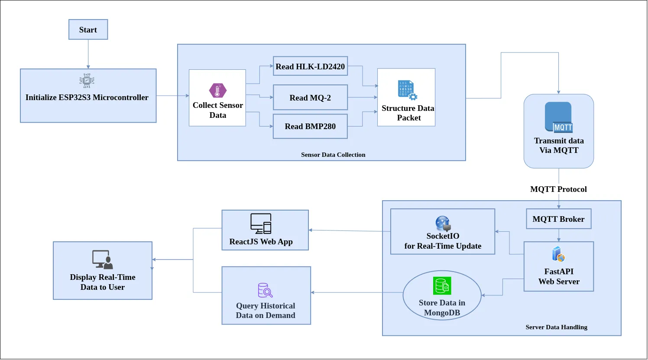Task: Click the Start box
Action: [88, 29]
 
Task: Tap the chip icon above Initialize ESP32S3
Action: [87, 81]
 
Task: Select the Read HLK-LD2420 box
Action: [310, 66]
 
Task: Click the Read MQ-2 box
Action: [310, 97]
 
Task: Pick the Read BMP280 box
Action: [310, 126]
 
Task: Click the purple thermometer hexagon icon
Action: [217, 91]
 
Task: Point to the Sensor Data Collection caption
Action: [333, 155]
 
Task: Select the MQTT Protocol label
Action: [558, 189]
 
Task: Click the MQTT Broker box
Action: [558, 219]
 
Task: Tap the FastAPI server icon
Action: [558, 254]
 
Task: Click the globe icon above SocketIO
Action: [443, 224]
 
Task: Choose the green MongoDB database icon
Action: [442, 286]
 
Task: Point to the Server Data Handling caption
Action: [556, 327]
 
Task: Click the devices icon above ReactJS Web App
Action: [261, 224]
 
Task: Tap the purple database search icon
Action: [265, 290]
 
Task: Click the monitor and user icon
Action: [102, 259]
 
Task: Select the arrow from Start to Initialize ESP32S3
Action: [88, 54]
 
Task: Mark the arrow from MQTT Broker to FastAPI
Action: [559, 235]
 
